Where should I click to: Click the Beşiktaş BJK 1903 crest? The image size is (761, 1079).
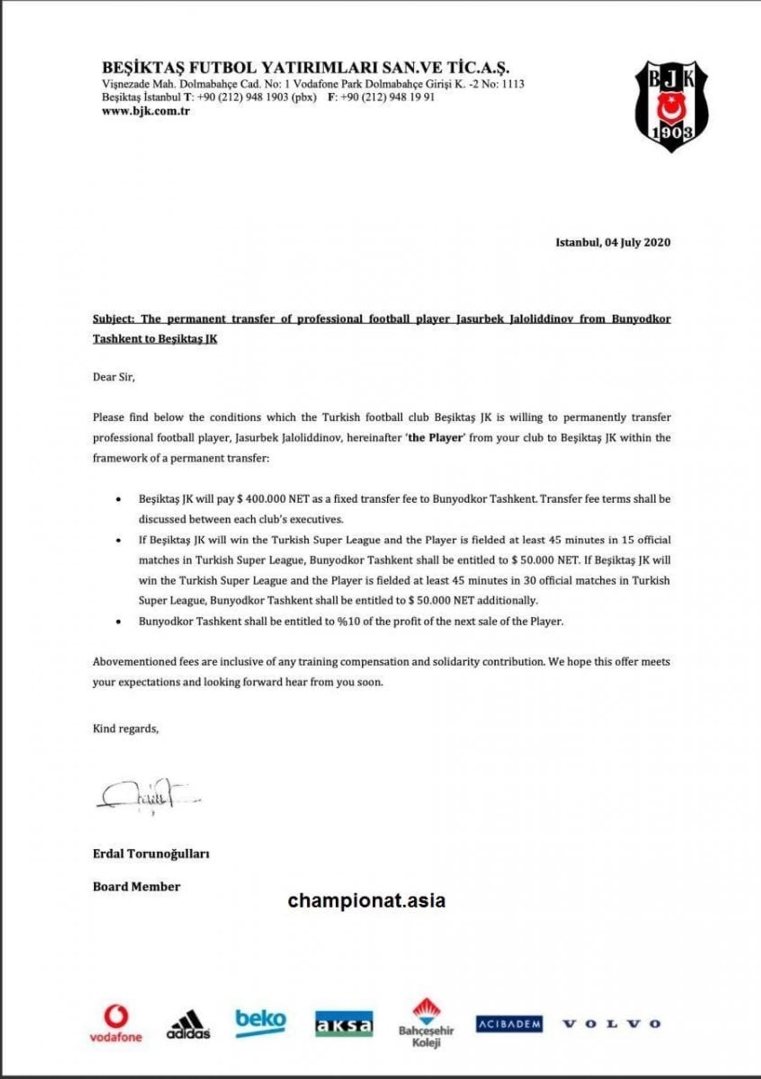671,106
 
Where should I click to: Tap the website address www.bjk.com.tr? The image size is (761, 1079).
146,111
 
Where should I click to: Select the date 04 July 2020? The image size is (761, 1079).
637,242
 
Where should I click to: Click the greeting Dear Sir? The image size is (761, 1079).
114,377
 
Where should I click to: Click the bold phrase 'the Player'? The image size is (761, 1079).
435,438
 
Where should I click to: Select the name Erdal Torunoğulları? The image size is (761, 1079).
151,854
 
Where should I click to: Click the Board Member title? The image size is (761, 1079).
137,887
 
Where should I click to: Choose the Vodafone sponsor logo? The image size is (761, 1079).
116,1023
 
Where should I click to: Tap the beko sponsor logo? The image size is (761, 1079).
261,1022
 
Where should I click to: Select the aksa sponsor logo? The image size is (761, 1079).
344,1024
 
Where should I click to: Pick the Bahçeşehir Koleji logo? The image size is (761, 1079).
426,1024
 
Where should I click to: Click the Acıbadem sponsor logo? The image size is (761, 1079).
509,1024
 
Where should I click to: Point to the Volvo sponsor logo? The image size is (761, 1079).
612,1024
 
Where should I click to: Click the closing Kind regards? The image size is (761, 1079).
126,728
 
